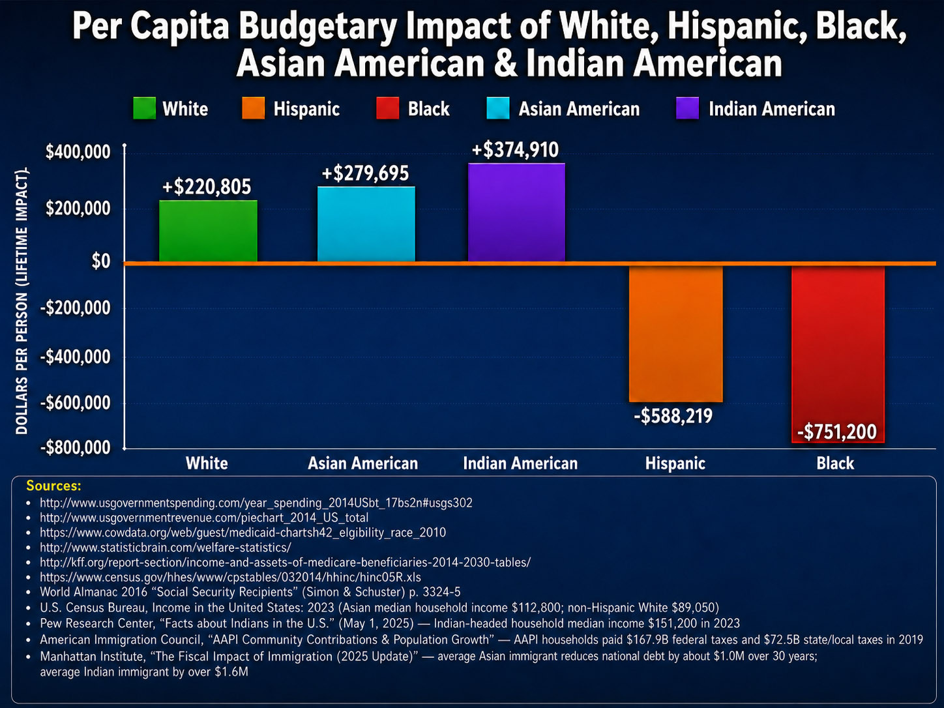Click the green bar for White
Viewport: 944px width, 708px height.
coord(208,231)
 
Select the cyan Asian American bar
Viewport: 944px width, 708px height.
coord(366,224)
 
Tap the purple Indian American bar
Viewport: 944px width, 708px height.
coord(516,213)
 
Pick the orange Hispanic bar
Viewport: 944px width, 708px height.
coord(675,334)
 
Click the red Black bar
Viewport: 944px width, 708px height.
coord(838,354)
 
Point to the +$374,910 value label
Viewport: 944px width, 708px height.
coord(515,150)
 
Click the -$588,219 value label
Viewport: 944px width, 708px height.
coord(673,416)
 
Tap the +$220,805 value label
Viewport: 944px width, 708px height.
coord(207,187)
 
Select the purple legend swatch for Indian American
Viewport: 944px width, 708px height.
coord(687,108)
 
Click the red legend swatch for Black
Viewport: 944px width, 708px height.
coord(387,108)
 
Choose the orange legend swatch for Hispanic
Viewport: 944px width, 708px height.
coord(254,108)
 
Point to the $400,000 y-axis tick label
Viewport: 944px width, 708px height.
coord(78,152)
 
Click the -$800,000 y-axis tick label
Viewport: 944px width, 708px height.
coord(76,448)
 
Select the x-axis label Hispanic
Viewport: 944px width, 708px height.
coord(675,464)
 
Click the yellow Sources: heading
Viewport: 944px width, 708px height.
coord(53,486)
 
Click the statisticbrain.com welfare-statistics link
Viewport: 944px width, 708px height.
coord(166,547)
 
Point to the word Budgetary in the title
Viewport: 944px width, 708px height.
coord(317,27)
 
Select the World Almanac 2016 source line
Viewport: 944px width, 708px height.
coord(250,592)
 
